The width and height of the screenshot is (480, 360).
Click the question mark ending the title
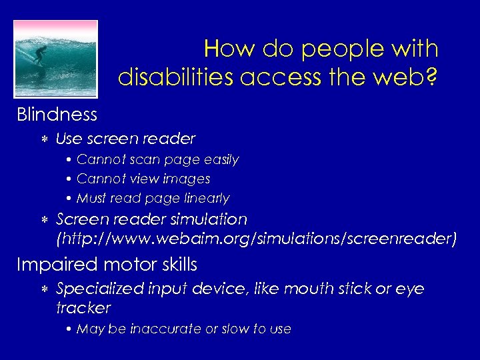[x=431, y=77]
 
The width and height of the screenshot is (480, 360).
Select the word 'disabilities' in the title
[x=175, y=77]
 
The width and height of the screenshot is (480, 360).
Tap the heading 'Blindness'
[x=57, y=115]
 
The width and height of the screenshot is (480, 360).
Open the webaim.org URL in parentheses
[x=257, y=238]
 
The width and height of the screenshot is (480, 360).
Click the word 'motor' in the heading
[x=125, y=265]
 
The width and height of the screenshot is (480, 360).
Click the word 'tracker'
[x=83, y=308]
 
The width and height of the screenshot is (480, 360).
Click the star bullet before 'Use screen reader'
[x=43, y=139]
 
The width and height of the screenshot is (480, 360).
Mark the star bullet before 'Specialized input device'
[x=43, y=289]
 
